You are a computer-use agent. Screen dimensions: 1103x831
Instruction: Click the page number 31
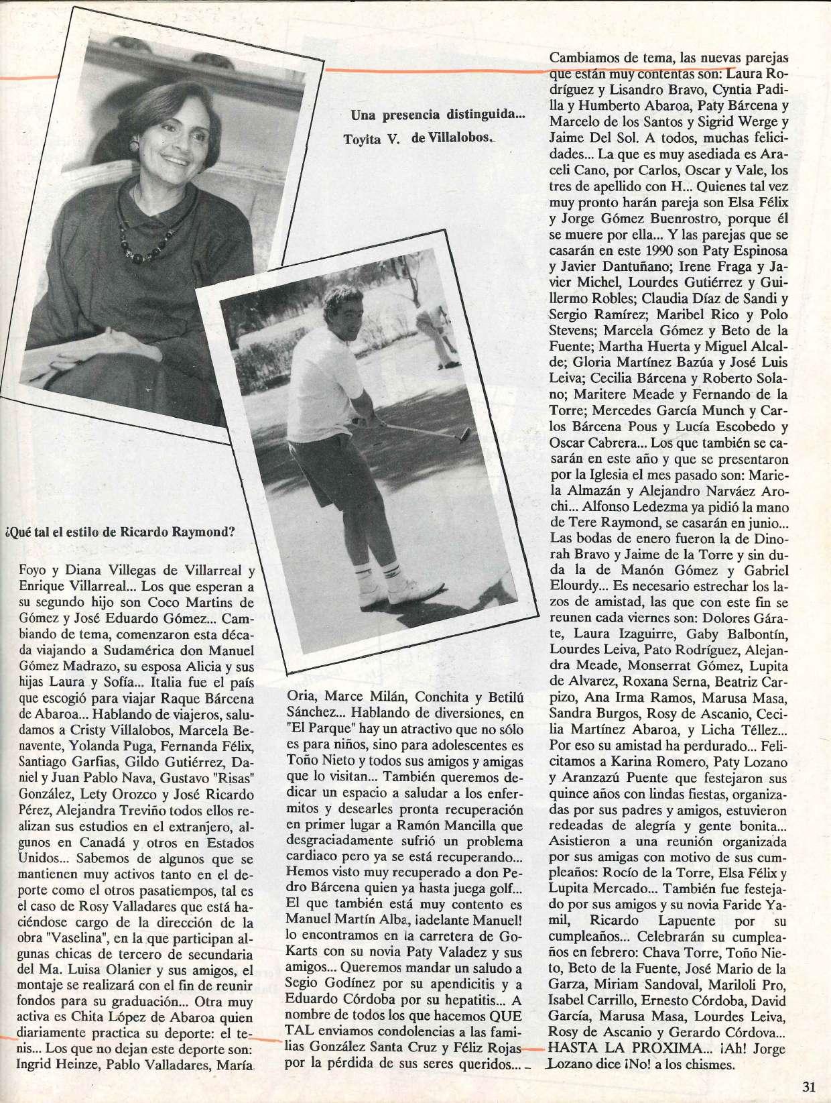[808, 1087]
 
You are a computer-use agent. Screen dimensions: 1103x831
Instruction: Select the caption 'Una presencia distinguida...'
[438, 115]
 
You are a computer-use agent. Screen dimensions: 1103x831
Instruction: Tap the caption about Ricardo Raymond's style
[121, 534]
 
